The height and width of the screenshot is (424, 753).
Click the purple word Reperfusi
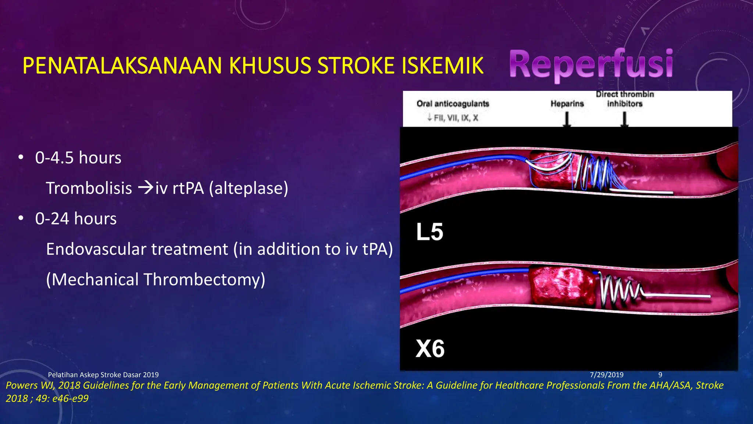[591, 65]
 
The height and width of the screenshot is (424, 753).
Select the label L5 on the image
[429, 232]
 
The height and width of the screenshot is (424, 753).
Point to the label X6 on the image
[430, 349]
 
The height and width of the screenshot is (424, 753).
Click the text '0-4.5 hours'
[78, 158]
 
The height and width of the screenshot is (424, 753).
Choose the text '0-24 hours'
[76, 219]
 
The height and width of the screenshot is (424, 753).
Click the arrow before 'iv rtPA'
[146, 188]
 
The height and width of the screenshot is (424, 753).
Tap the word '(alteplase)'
[249, 188]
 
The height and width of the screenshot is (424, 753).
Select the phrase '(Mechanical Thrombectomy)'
[156, 279]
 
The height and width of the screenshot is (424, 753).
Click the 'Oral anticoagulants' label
[453, 104]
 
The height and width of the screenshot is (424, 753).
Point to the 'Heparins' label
[567, 104]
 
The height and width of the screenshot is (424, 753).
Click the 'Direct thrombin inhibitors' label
[625, 99]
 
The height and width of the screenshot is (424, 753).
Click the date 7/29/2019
[606, 375]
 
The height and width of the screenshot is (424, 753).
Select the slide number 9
[660, 375]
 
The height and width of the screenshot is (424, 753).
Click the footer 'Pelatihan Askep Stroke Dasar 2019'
[103, 375]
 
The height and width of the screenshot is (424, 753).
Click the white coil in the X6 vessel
[618, 291]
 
